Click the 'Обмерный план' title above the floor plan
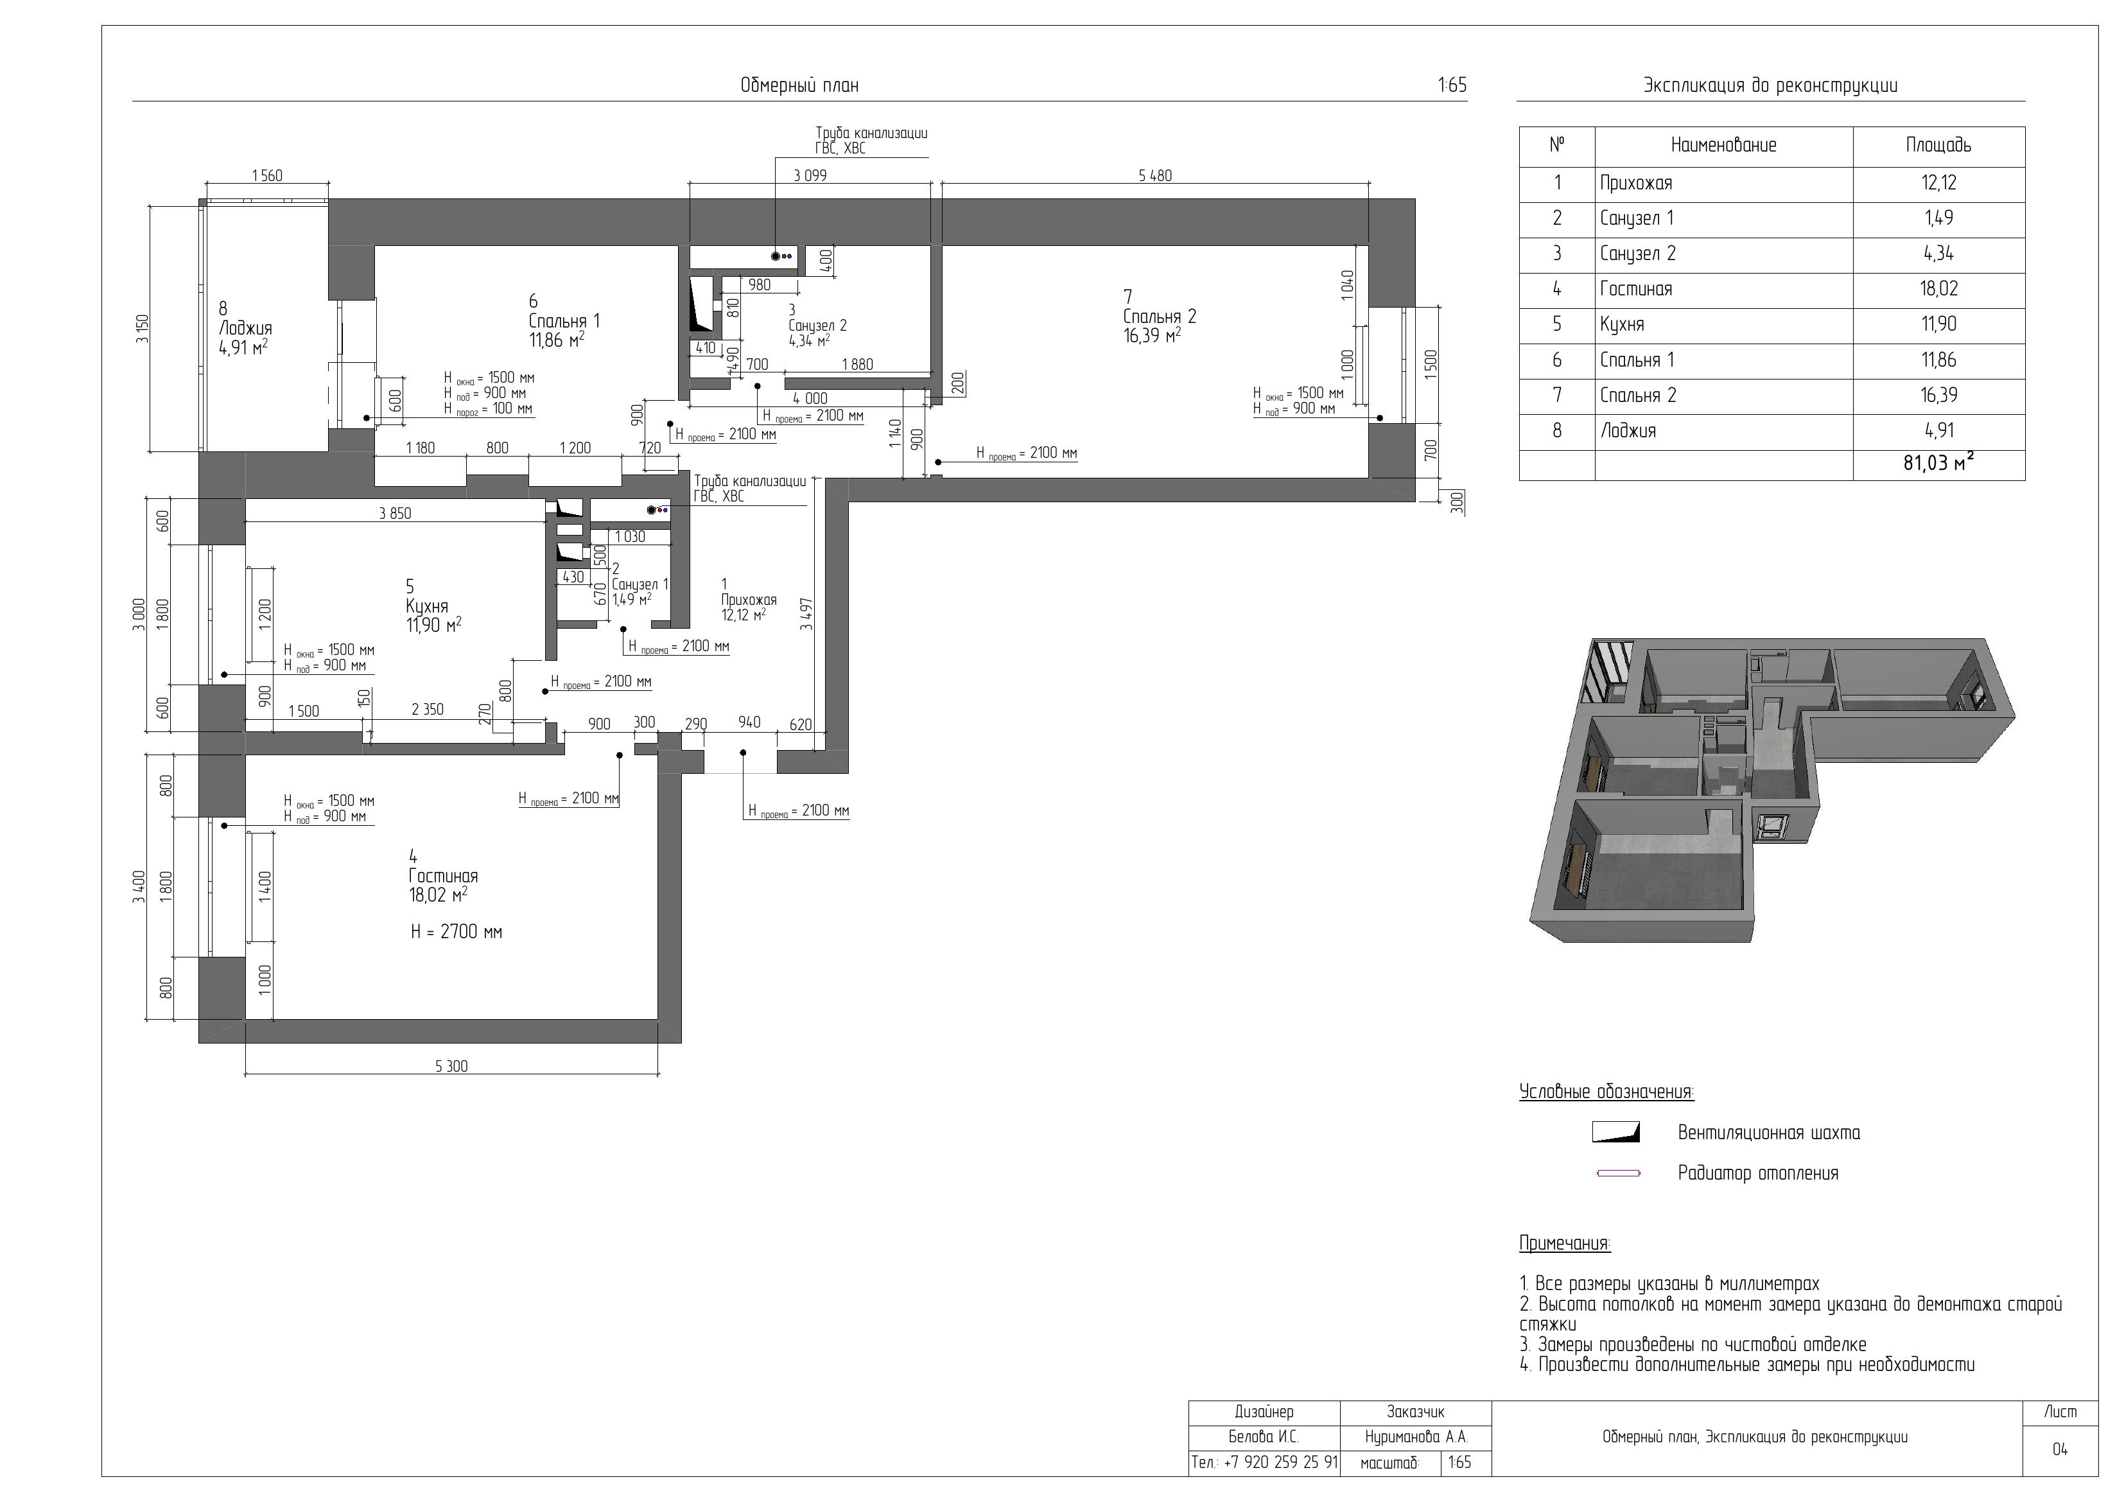pos(799,86)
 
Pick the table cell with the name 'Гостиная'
pos(1635,289)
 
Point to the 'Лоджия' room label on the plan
pos(245,329)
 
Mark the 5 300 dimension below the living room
pos(451,1066)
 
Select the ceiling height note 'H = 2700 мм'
pos(456,932)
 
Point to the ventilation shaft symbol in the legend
pos(1615,1132)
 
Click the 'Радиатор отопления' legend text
pos(1757,1173)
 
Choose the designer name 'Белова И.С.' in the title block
pos(1264,1437)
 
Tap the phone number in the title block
pos(1265,1462)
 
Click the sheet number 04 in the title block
pos(2060,1449)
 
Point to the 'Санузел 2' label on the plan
pos(818,326)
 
